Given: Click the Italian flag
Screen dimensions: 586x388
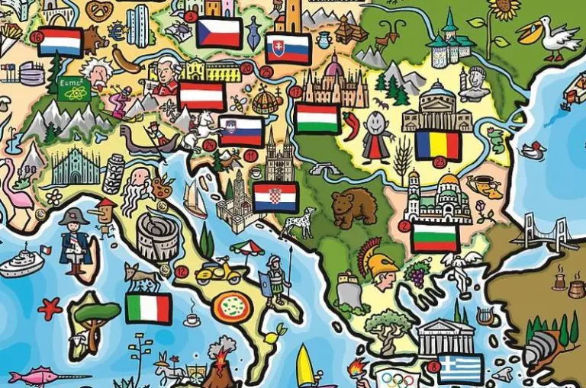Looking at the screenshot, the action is point(149,308).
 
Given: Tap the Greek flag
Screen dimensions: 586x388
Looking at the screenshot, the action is point(460,368).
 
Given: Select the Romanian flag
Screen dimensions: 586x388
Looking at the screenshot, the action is point(438,145).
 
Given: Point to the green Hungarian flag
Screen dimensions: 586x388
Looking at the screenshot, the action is point(317,118).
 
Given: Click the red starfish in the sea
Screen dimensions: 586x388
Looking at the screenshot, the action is point(50,308).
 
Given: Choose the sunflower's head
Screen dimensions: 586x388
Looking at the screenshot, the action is point(504,8).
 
